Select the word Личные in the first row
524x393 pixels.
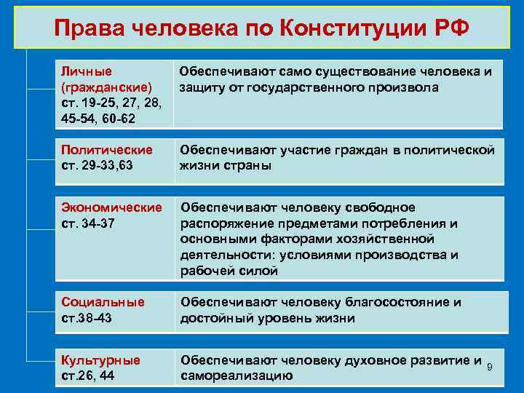(x=86, y=71)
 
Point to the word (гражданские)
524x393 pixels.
(x=107, y=86)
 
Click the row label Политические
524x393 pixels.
(x=107, y=149)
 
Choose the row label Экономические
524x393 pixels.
(x=112, y=207)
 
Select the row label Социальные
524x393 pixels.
(x=103, y=301)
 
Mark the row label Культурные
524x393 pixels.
(x=101, y=360)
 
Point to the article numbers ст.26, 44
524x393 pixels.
(x=87, y=375)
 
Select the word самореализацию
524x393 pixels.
(x=237, y=376)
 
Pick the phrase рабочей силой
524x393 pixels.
(x=229, y=271)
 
